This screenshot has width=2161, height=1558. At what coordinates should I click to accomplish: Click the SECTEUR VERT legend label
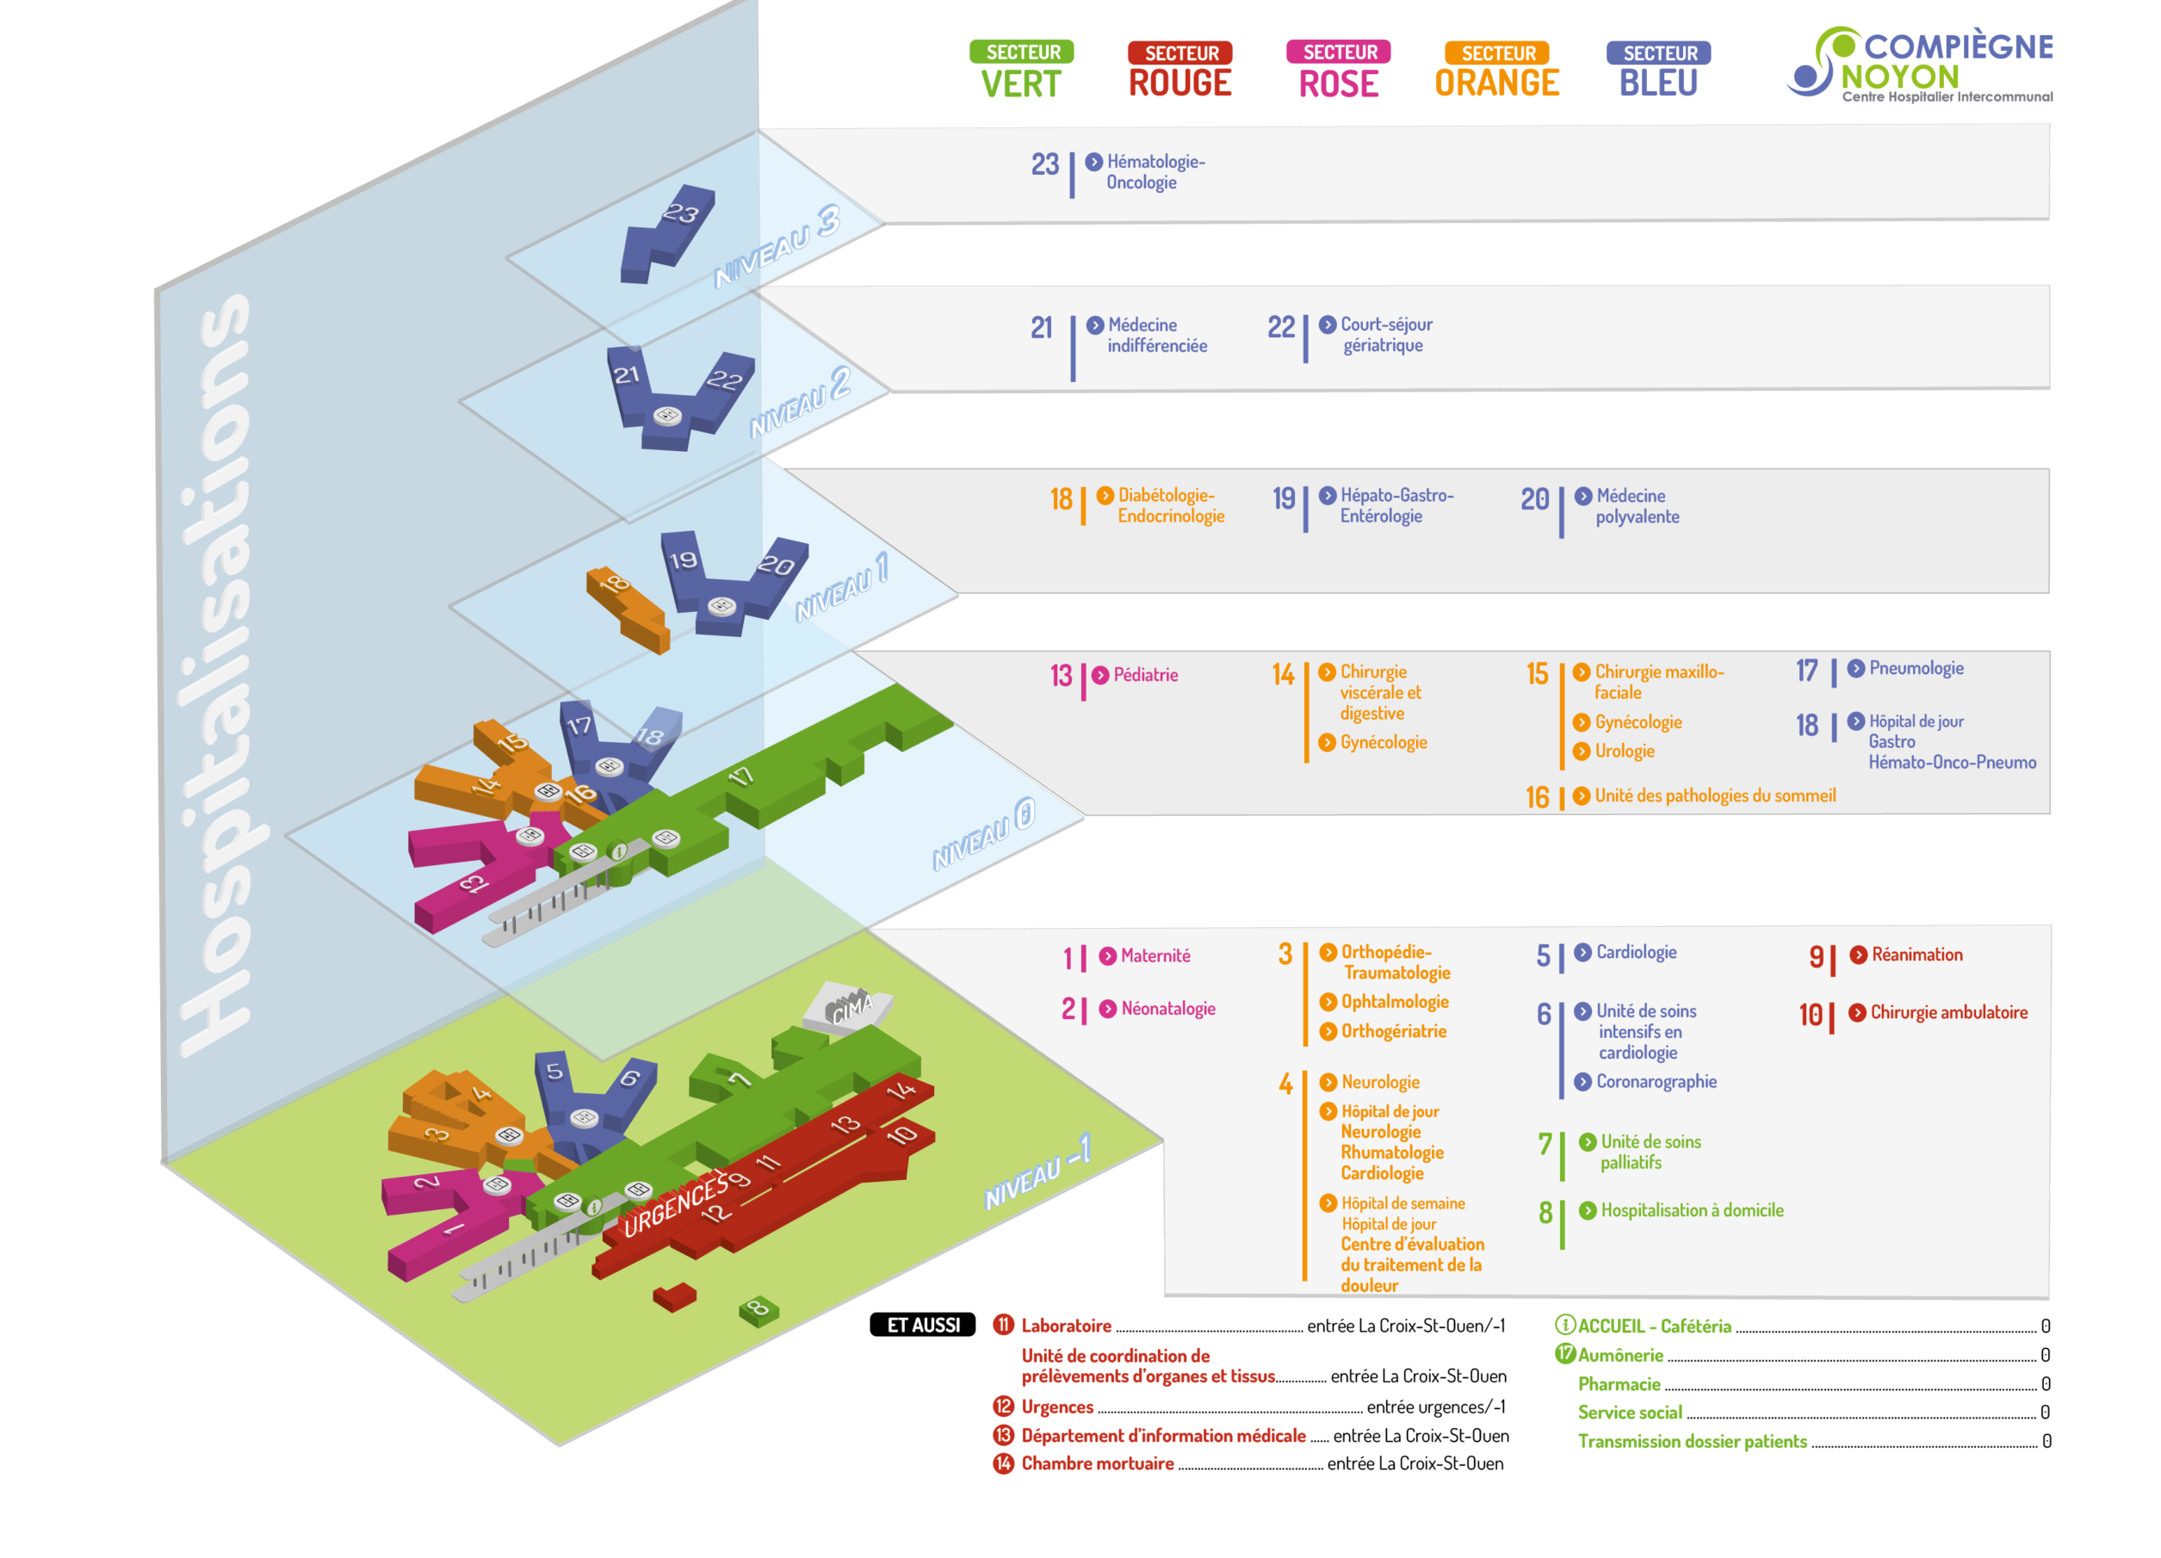point(1021,70)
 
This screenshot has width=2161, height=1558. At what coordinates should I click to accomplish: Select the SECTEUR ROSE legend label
point(1338,70)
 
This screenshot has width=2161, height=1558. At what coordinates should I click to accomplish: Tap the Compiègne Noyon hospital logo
point(1919,64)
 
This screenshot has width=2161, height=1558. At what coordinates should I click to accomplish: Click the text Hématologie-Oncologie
point(1155,171)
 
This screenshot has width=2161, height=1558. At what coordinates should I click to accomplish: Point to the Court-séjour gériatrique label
point(1385,335)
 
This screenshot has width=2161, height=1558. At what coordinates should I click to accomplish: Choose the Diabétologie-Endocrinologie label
point(1170,505)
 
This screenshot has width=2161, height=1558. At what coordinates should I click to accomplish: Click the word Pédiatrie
point(1145,675)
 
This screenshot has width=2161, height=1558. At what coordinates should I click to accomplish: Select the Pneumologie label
point(1915,668)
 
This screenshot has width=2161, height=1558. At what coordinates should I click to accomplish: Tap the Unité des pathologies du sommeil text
point(1714,795)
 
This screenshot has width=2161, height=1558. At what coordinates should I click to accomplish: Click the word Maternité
point(1155,955)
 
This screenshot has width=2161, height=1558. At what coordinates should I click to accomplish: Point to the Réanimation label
point(1916,955)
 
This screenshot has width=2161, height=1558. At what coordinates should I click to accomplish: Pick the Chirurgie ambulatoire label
point(1947,1012)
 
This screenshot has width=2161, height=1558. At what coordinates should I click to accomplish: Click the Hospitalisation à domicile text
point(1691,1210)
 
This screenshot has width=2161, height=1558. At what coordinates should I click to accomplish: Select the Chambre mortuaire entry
point(1097,1463)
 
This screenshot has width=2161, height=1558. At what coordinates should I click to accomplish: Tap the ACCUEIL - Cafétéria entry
point(1653,1326)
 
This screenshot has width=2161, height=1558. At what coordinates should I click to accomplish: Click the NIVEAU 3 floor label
point(777,246)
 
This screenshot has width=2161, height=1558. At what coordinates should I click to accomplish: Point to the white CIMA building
point(847,1006)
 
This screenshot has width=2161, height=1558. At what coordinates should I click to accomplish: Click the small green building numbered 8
point(759,1309)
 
